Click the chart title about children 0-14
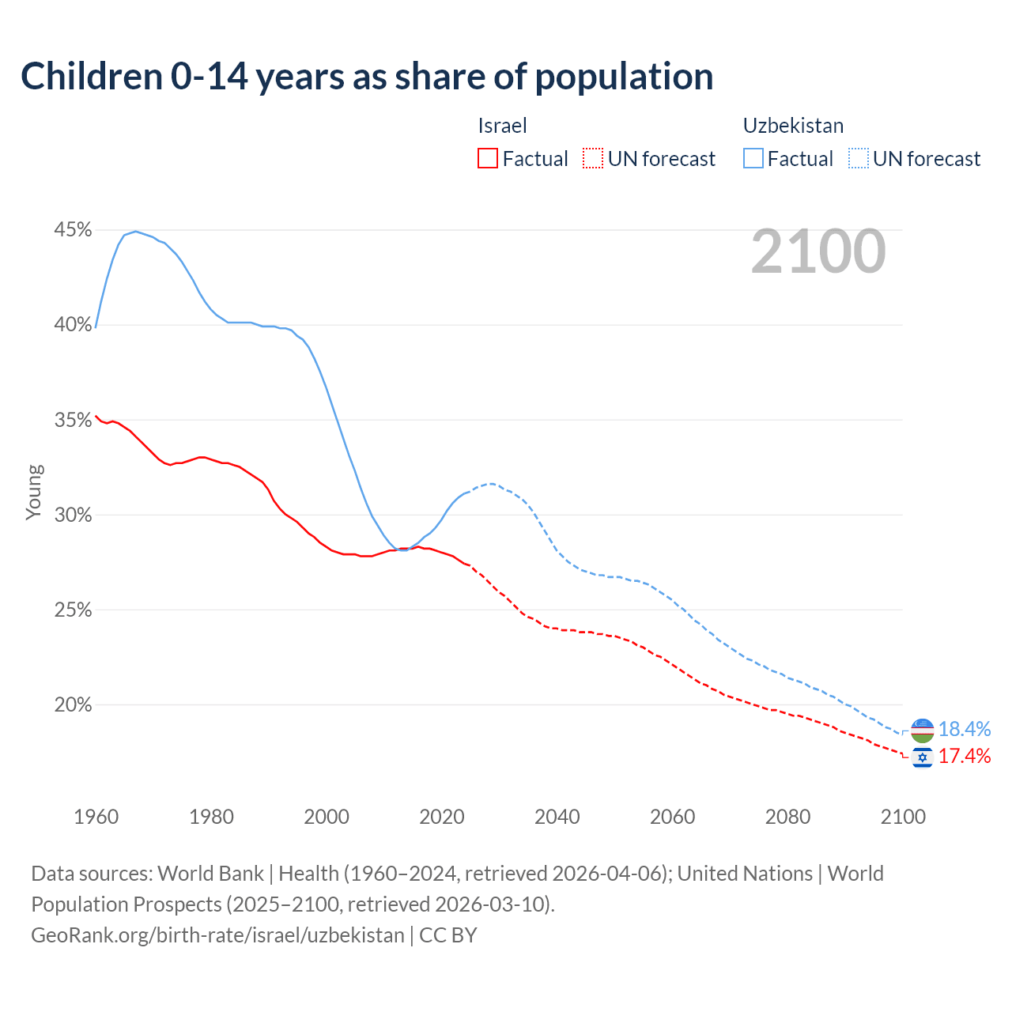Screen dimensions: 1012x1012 tap(367, 77)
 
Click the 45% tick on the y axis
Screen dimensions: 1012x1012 tap(73, 230)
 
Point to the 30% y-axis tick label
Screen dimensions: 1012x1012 tap(73, 515)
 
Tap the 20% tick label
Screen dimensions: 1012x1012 tap(73, 704)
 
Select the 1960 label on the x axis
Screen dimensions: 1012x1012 tap(96, 817)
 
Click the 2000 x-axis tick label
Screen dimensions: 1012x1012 tap(327, 817)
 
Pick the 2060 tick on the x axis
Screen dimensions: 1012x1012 tap(672, 817)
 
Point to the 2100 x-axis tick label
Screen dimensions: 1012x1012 tap(903, 817)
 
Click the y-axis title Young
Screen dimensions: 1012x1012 tap(34, 492)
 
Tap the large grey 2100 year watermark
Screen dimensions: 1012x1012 tap(818, 251)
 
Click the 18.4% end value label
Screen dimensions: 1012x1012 tap(965, 729)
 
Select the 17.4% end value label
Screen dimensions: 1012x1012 tap(965, 757)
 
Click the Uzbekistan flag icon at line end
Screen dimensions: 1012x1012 tap(923, 730)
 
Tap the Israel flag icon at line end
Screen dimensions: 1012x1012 tap(923, 757)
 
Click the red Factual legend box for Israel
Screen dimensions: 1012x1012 tap(488, 159)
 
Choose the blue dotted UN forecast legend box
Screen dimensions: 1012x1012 tap(859, 159)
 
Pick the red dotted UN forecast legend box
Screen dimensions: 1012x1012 tap(593, 159)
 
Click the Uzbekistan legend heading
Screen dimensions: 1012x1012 tap(793, 126)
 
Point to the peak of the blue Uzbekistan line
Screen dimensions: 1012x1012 tap(135, 232)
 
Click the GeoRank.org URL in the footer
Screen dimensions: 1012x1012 tap(217, 935)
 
